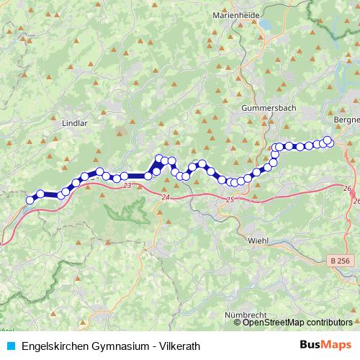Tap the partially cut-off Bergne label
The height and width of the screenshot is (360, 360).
pyautogui.click(x=347, y=119)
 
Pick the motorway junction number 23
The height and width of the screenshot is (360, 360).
pyautogui.click(x=127, y=186)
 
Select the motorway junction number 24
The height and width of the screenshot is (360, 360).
pyautogui.click(x=166, y=197)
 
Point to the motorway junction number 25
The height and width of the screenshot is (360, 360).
pyautogui.click(x=230, y=199)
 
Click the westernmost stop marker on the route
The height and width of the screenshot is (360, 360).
pyautogui.click(x=30, y=200)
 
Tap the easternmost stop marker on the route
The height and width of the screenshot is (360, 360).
pyautogui.click(x=328, y=140)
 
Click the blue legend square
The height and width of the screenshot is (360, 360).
pyautogui.click(x=10, y=346)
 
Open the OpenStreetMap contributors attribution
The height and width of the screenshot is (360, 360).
pyautogui.click(x=297, y=323)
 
